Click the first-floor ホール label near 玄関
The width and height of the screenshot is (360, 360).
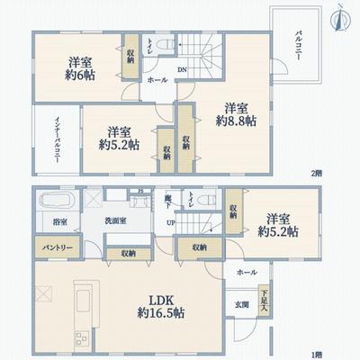(247, 271)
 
